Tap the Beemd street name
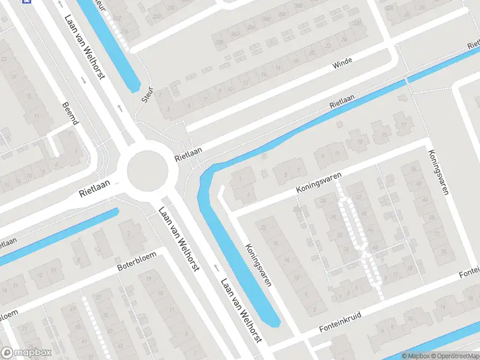[70, 113]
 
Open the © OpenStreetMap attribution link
[451, 356]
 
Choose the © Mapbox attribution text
[415, 356]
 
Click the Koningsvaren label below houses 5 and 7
[319, 182]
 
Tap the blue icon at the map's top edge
[26, 1]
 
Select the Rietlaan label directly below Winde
[343, 101]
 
